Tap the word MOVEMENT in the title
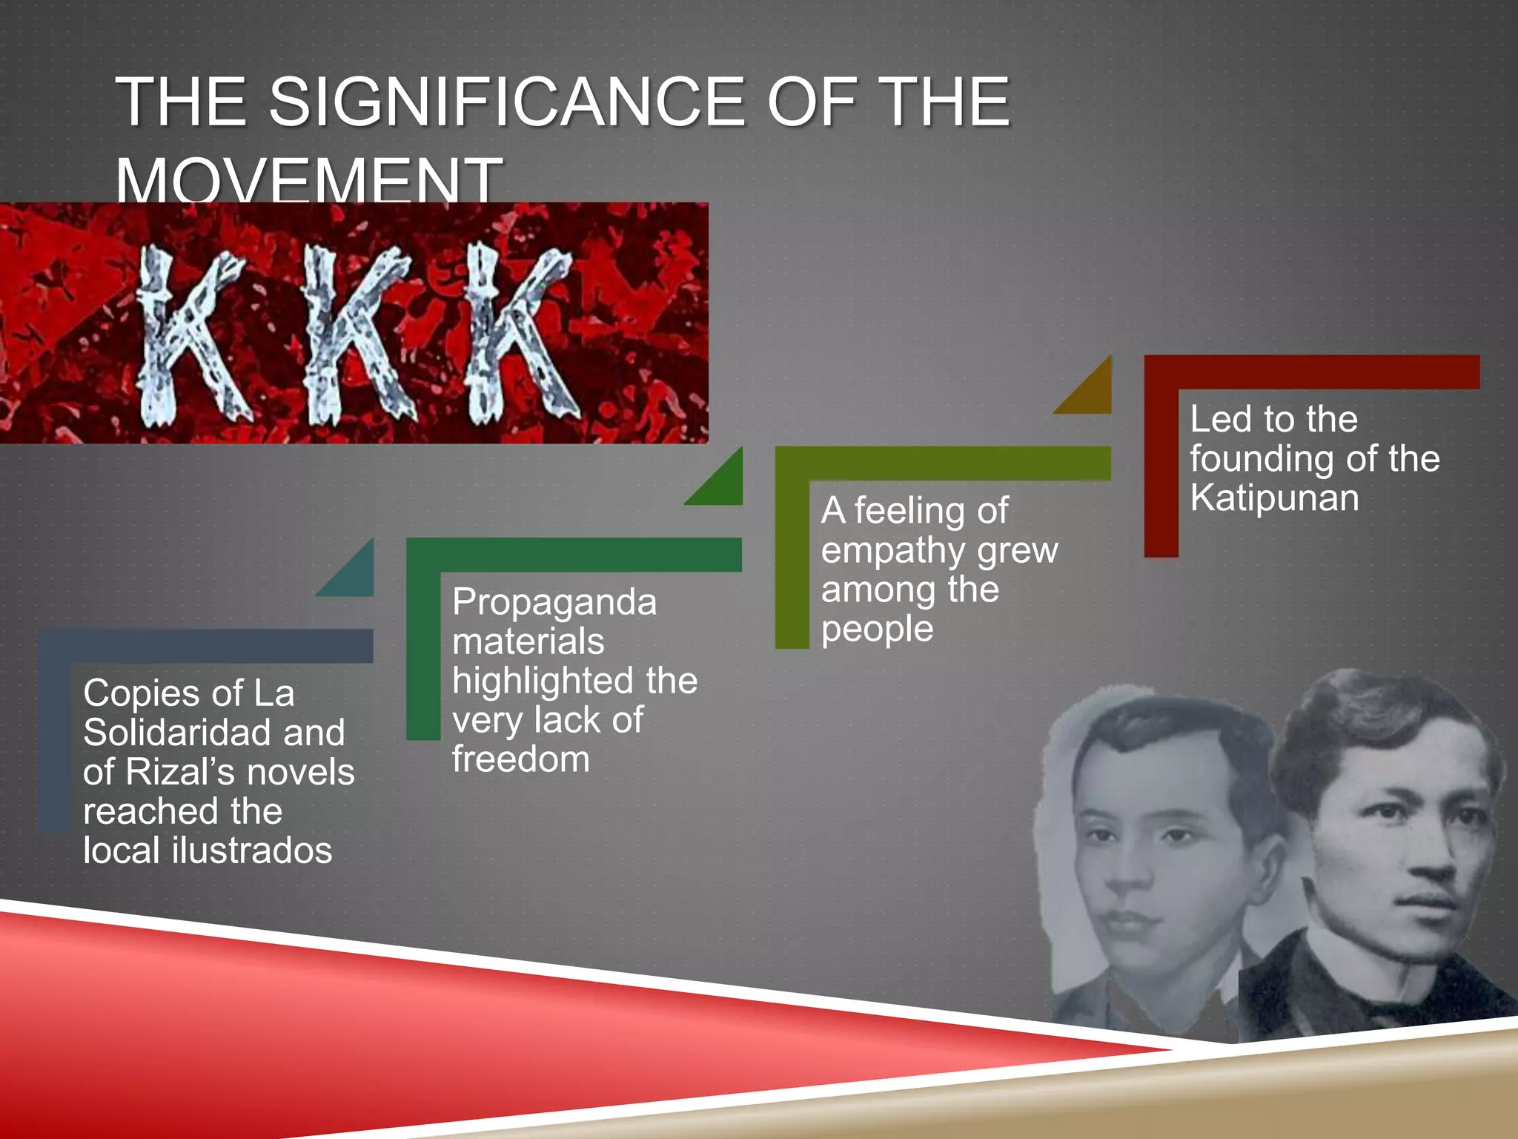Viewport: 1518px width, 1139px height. pyautogui.click(x=308, y=180)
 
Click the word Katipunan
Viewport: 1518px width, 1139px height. pyautogui.click(x=1274, y=498)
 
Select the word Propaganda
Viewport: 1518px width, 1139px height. pyautogui.click(x=554, y=602)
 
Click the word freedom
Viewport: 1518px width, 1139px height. pyautogui.click(x=520, y=760)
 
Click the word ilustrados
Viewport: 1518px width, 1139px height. pyautogui.click(x=251, y=851)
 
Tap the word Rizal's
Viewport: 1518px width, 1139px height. pyautogui.click(x=178, y=773)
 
